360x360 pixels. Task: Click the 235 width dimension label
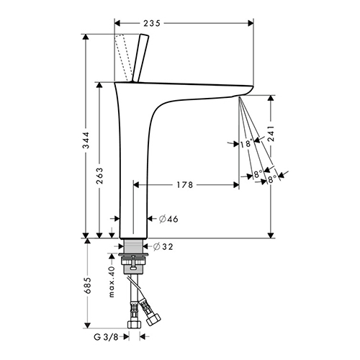pos(152,23)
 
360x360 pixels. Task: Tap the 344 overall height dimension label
pos(86,140)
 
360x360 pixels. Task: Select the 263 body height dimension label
pos(99,176)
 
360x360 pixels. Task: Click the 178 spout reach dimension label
pos(185,185)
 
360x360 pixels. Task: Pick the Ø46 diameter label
pos(168,219)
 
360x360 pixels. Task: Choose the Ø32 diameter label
pos(163,246)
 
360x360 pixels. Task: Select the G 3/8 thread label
pos(107,337)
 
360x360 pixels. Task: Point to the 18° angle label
pos(246,144)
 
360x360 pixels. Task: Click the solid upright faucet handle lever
pos(140,58)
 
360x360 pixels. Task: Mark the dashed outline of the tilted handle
pos(123,58)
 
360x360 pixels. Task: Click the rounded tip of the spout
pos(250,89)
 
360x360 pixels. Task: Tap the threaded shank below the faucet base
pos(133,246)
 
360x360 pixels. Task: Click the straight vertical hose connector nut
pos(134,325)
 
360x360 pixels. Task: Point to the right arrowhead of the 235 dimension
pos(251,23)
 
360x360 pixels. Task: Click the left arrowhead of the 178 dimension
pos(136,185)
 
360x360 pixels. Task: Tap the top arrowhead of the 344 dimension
pos(86,37)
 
